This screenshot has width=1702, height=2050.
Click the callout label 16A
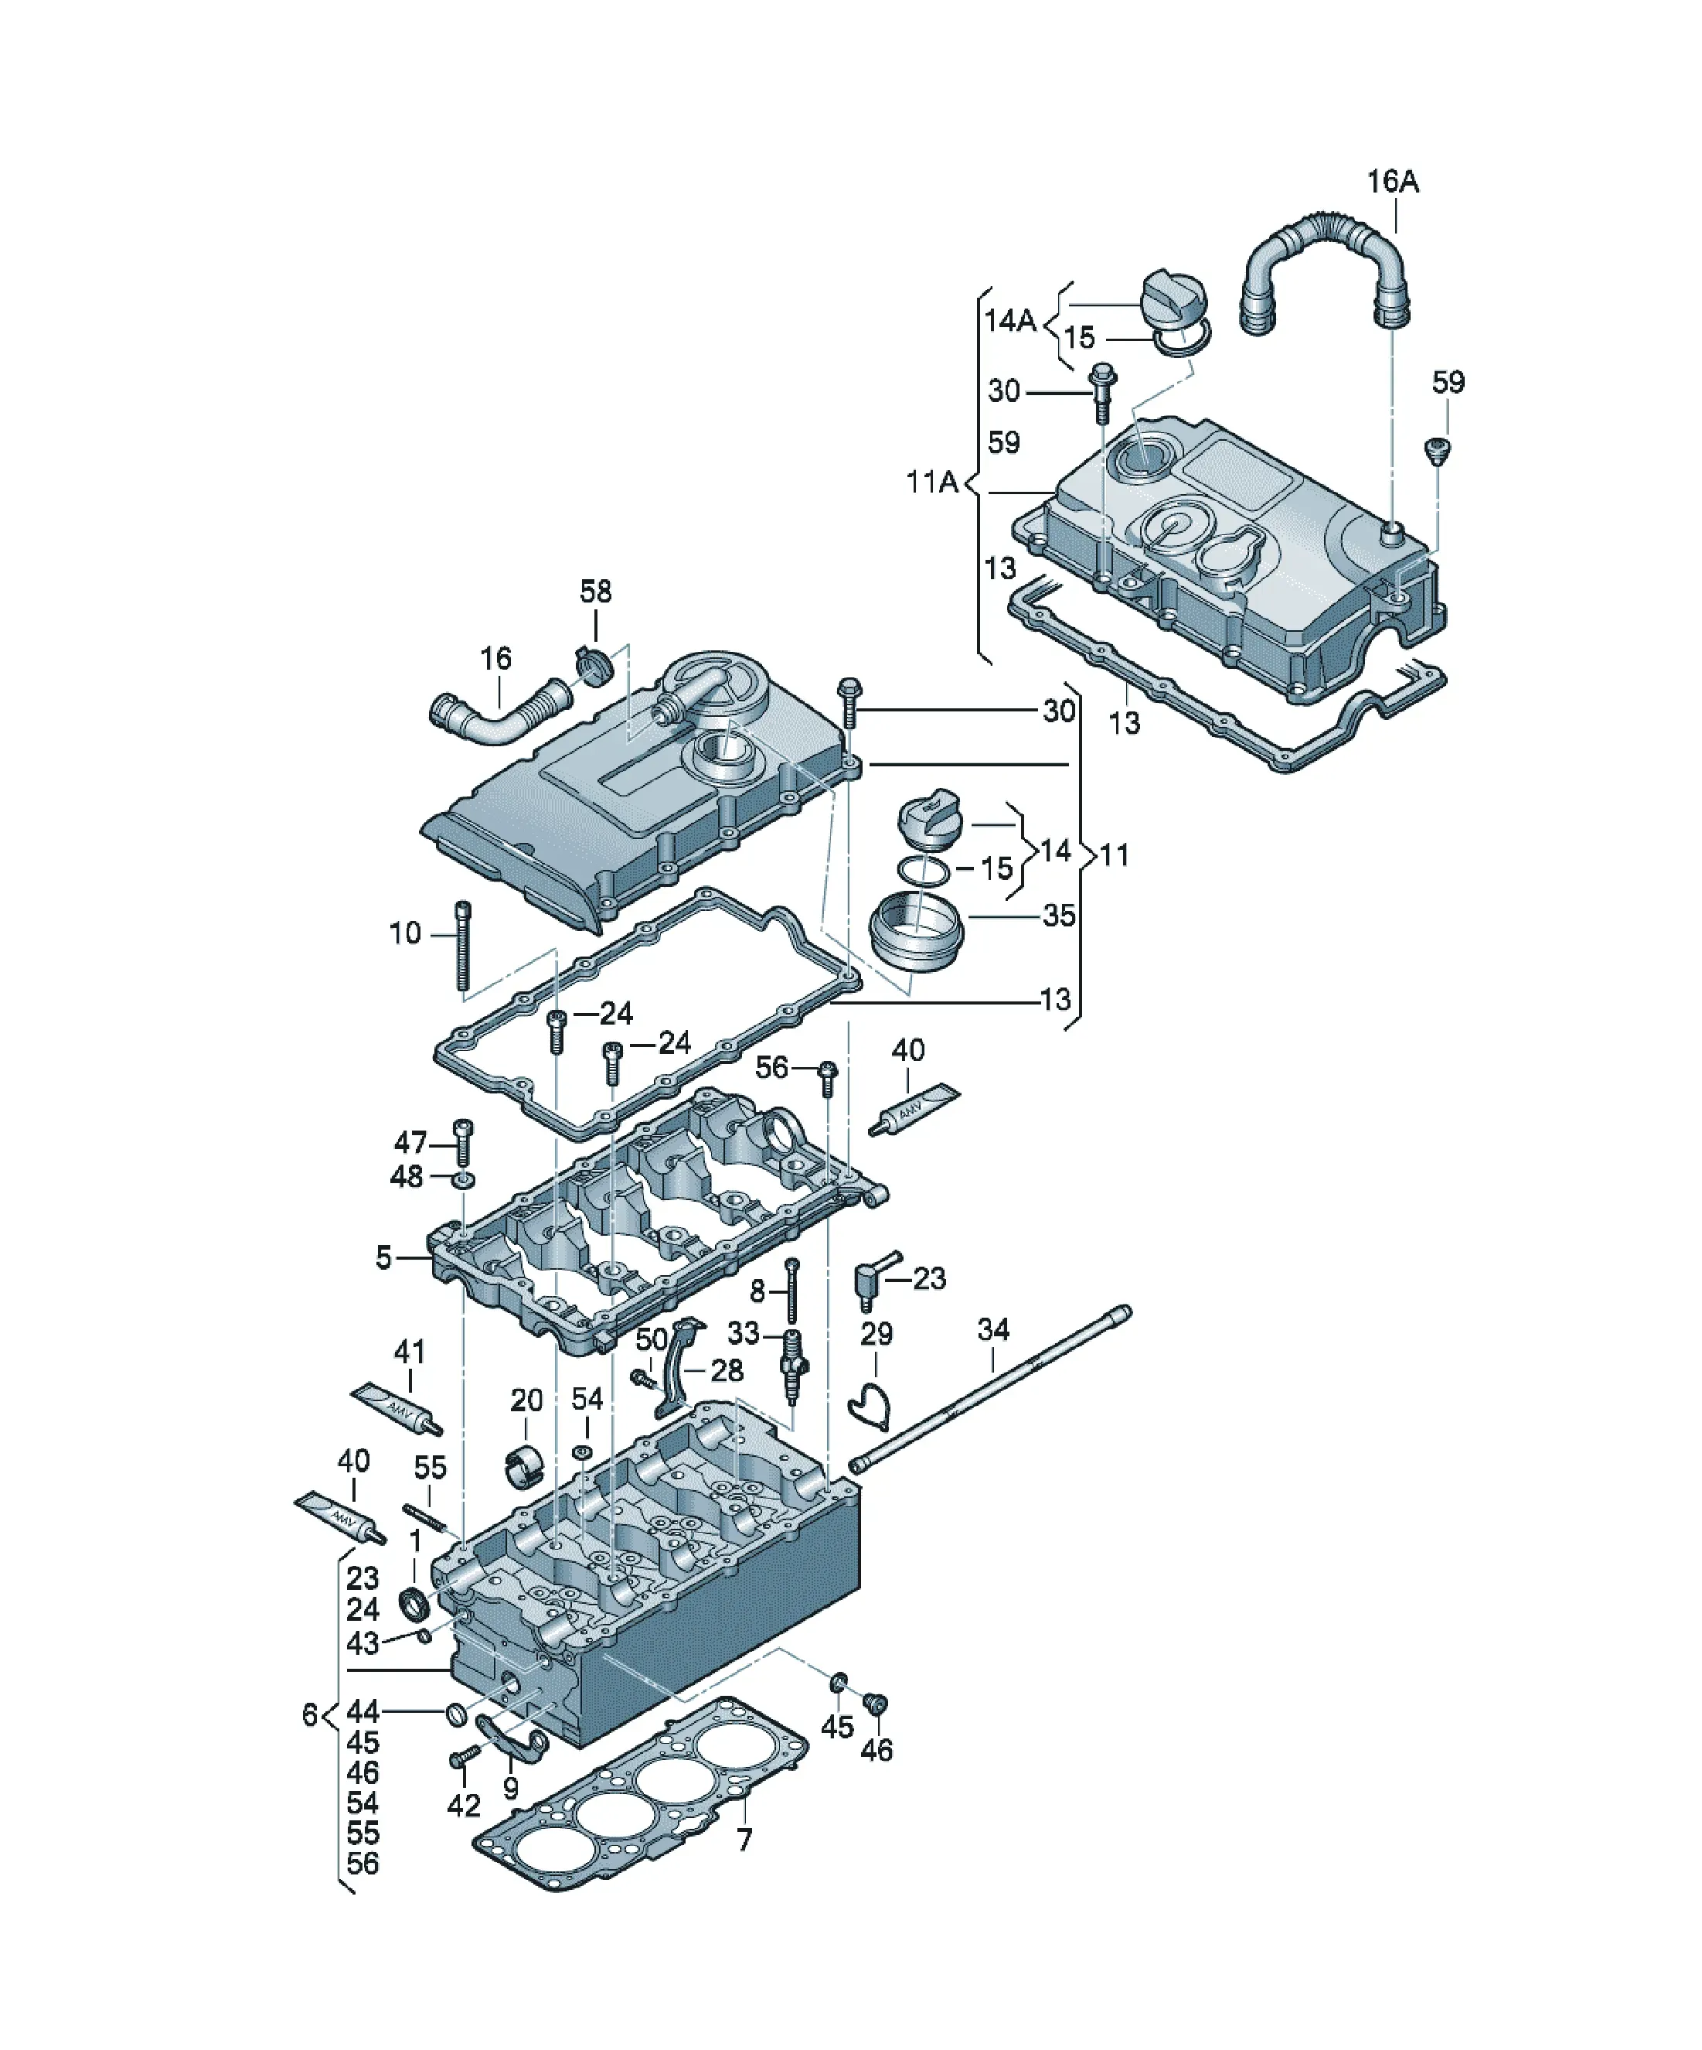pyautogui.click(x=1393, y=182)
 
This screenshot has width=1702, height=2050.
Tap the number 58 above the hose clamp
pyautogui.click(x=595, y=591)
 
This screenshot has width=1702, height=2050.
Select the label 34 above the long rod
pyautogui.click(x=993, y=1329)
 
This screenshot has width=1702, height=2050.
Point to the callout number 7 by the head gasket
pyautogui.click(x=744, y=1840)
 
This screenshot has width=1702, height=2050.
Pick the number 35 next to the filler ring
pyautogui.click(x=1059, y=916)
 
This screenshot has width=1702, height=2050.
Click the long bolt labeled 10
pyautogui.click(x=464, y=945)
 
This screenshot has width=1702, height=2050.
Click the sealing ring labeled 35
pyautogui.click(x=915, y=934)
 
